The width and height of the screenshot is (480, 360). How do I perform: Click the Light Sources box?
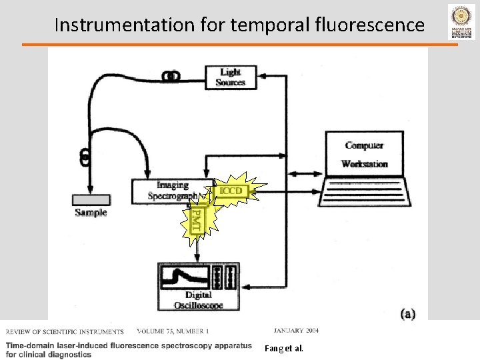tap(231, 77)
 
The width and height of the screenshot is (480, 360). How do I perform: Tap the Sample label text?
tap(91, 213)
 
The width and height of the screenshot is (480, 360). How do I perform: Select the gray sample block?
tap(91, 200)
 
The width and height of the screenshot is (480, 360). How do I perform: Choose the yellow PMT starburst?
tap(196, 219)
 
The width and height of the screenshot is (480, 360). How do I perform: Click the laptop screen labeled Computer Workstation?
tap(364, 154)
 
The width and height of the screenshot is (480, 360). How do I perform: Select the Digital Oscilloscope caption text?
tap(199, 300)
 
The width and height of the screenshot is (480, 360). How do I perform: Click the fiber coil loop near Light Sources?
tap(172, 77)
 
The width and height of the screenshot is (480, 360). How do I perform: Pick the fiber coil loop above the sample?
tap(85, 156)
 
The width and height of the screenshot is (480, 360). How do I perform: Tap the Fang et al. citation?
tap(283, 348)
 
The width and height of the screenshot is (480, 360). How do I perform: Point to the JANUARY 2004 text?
tap(296, 331)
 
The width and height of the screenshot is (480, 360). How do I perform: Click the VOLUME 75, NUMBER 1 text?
tap(173, 331)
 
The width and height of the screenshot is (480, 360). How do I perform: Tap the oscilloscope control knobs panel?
tap(223, 277)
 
